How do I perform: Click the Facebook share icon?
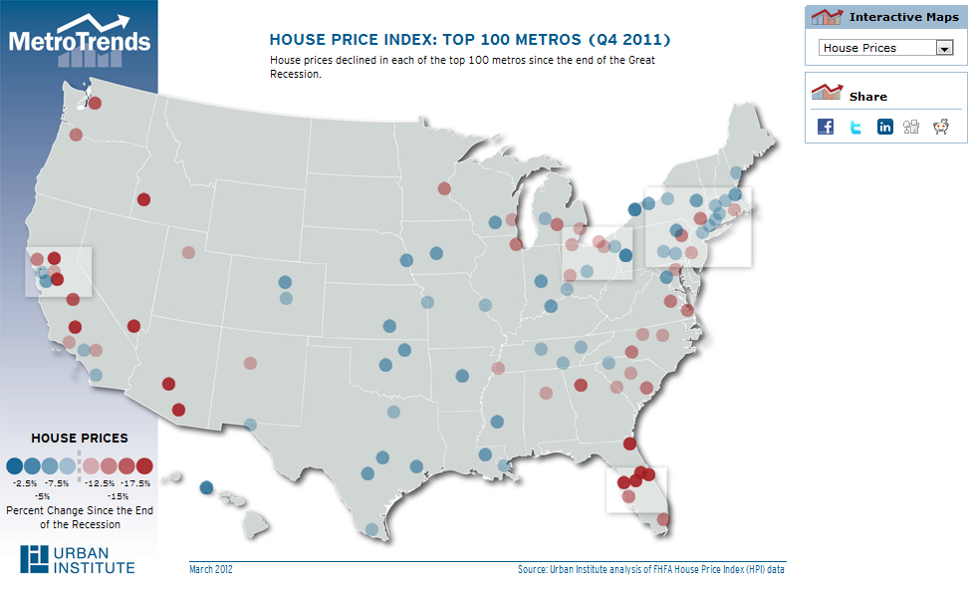click(x=826, y=127)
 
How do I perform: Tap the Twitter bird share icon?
click(x=855, y=127)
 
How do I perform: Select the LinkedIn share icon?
click(x=884, y=127)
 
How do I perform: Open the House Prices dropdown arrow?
click(x=943, y=48)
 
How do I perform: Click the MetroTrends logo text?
click(x=80, y=41)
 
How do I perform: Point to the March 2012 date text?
click(x=212, y=570)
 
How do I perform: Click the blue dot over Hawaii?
click(x=206, y=488)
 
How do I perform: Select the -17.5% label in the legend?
click(x=137, y=482)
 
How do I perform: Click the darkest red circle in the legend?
click(x=144, y=465)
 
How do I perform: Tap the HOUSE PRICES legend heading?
click(x=80, y=439)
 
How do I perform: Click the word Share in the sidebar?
click(x=867, y=97)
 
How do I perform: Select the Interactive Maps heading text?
click(x=903, y=17)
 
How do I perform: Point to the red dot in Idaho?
click(x=143, y=199)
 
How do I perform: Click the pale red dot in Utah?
click(x=188, y=252)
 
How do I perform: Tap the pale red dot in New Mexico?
click(x=250, y=363)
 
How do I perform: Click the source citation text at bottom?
click(x=651, y=570)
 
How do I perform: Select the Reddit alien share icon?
click(x=940, y=127)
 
